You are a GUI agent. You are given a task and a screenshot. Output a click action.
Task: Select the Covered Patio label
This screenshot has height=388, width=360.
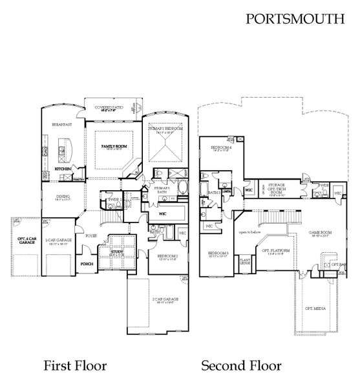point(108,108)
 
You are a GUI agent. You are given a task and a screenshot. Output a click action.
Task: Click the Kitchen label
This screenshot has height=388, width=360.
point(63,169)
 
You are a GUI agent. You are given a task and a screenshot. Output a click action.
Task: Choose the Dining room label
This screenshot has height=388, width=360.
point(62,196)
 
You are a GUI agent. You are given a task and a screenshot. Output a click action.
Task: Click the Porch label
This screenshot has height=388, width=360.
point(87,264)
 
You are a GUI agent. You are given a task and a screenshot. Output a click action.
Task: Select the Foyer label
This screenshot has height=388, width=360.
point(92,236)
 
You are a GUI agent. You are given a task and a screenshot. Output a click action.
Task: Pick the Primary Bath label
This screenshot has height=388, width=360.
point(161,189)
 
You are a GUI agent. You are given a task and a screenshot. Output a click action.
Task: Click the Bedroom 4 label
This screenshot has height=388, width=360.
point(220,148)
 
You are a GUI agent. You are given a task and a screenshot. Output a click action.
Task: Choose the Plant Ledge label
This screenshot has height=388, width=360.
point(245,261)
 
